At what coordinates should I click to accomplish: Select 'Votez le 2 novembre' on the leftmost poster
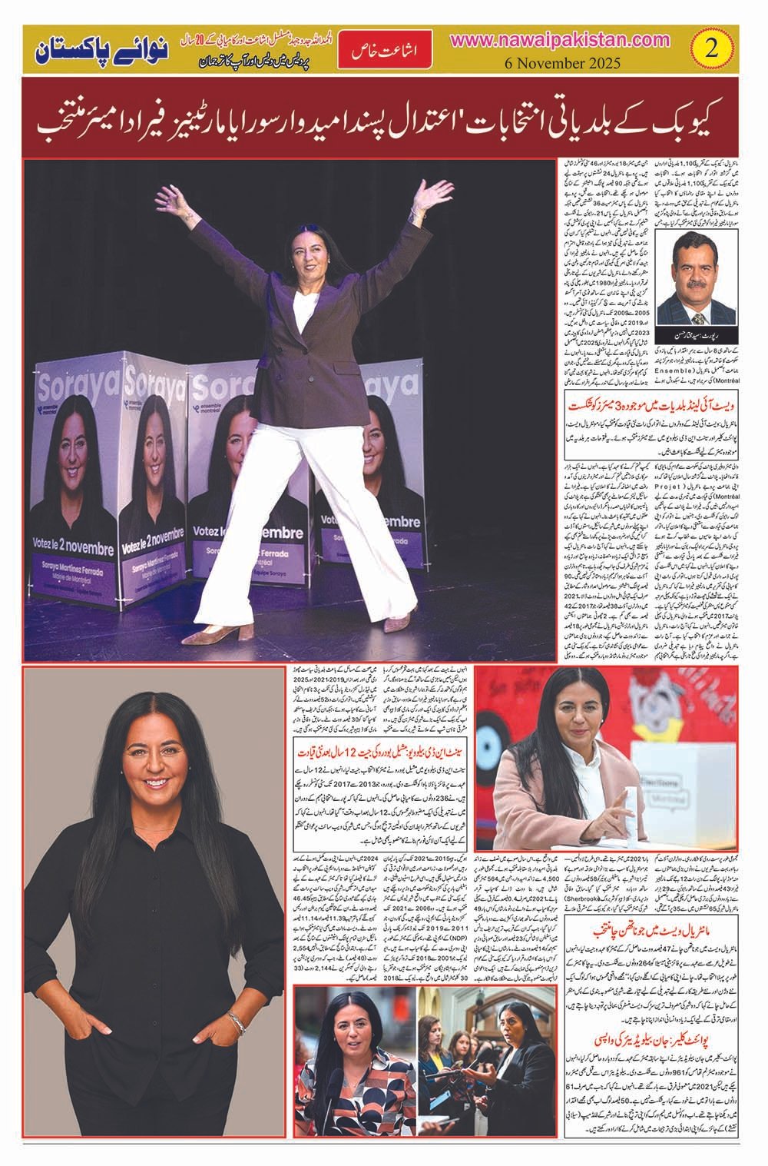pos(74,550)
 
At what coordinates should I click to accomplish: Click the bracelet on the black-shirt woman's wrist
pos(238,1021)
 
